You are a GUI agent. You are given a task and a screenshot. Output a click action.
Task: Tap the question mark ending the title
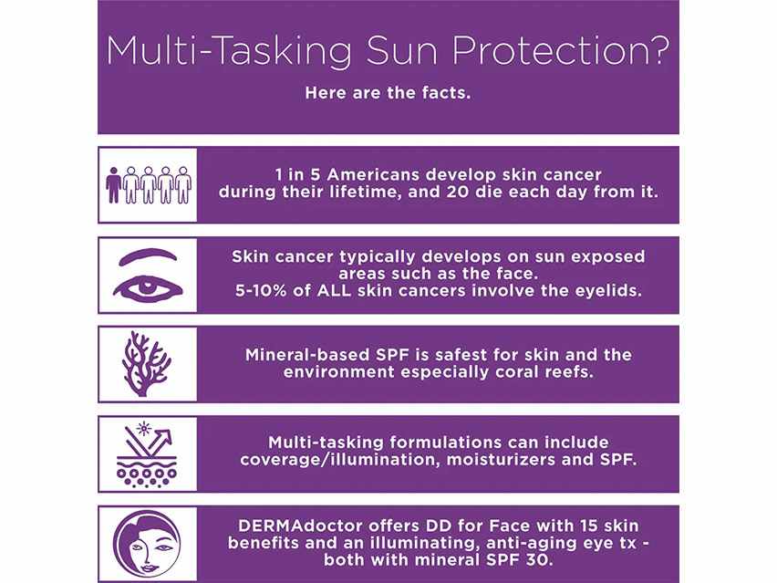[658, 49]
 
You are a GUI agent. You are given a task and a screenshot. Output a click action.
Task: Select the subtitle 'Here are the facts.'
[388, 93]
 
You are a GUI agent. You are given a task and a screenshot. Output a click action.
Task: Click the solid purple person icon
[113, 184]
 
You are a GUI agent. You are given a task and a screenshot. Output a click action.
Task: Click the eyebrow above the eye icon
[148, 256]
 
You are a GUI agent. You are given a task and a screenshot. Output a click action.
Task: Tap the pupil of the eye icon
[146, 286]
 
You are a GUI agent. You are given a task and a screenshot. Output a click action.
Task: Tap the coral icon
[147, 363]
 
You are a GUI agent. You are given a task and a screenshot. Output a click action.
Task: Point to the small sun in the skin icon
[144, 428]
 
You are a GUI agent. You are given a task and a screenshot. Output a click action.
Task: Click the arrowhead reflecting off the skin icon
[165, 436]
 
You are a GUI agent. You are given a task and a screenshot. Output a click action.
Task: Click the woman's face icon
[147, 545]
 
